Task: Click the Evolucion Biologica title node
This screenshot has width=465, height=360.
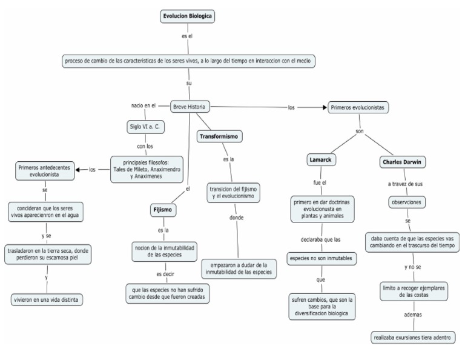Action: click(x=188, y=17)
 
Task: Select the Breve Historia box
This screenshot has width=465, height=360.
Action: click(x=189, y=107)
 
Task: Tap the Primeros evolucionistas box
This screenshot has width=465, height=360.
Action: click(x=358, y=107)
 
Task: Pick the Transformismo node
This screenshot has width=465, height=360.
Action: click(x=220, y=137)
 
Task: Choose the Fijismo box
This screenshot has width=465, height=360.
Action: click(x=162, y=210)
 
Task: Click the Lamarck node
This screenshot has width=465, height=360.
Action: click(x=322, y=159)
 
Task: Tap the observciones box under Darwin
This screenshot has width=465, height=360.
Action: click(x=406, y=202)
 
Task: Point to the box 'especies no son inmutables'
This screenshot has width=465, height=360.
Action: click(x=321, y=259)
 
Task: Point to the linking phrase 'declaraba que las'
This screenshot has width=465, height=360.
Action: click(x=322, y=239)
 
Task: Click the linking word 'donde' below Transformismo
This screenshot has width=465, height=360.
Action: click(x=237, y=217)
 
